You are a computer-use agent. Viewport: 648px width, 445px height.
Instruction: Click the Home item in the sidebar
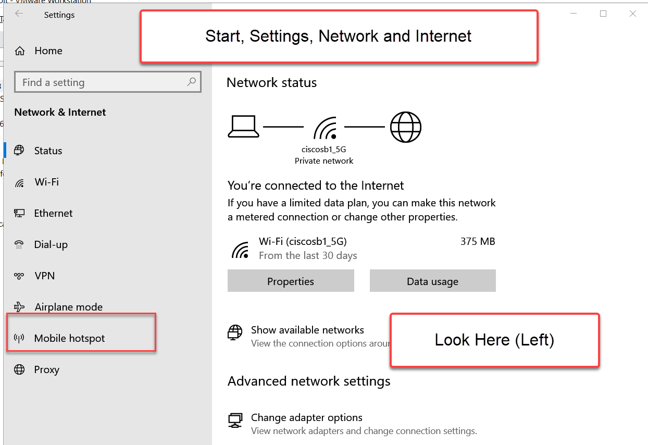[48, 51]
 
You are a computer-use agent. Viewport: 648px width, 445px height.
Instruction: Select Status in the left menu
[48, 151]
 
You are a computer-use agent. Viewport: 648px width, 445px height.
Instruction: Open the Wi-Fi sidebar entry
[46, 182]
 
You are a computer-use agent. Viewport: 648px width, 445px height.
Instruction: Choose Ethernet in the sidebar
[53, 213]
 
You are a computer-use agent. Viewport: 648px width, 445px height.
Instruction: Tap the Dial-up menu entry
[51, 244]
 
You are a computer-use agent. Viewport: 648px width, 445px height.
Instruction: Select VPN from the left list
[44, 276]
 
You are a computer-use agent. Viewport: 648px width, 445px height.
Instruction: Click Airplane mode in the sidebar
[68, 307]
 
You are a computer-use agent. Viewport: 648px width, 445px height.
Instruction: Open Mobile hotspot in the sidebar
[69, 338]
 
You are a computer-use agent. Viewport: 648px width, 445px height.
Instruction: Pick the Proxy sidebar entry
[46, 369]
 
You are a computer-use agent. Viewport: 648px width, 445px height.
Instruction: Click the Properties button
[291, 281]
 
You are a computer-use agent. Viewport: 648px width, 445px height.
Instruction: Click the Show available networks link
[307, 330]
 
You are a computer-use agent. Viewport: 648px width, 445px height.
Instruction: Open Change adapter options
[306, 417]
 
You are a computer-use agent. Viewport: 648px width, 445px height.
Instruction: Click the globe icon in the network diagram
[405, 127]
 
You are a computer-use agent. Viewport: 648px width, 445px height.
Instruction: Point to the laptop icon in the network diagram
[243, 127]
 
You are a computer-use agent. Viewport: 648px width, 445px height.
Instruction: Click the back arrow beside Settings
[19, 14]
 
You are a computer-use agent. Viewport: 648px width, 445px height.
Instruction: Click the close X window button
[632, 14]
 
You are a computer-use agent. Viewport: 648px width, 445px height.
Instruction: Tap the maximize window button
[603, 14]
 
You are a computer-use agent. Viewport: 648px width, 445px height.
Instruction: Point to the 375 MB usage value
[477, 241]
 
